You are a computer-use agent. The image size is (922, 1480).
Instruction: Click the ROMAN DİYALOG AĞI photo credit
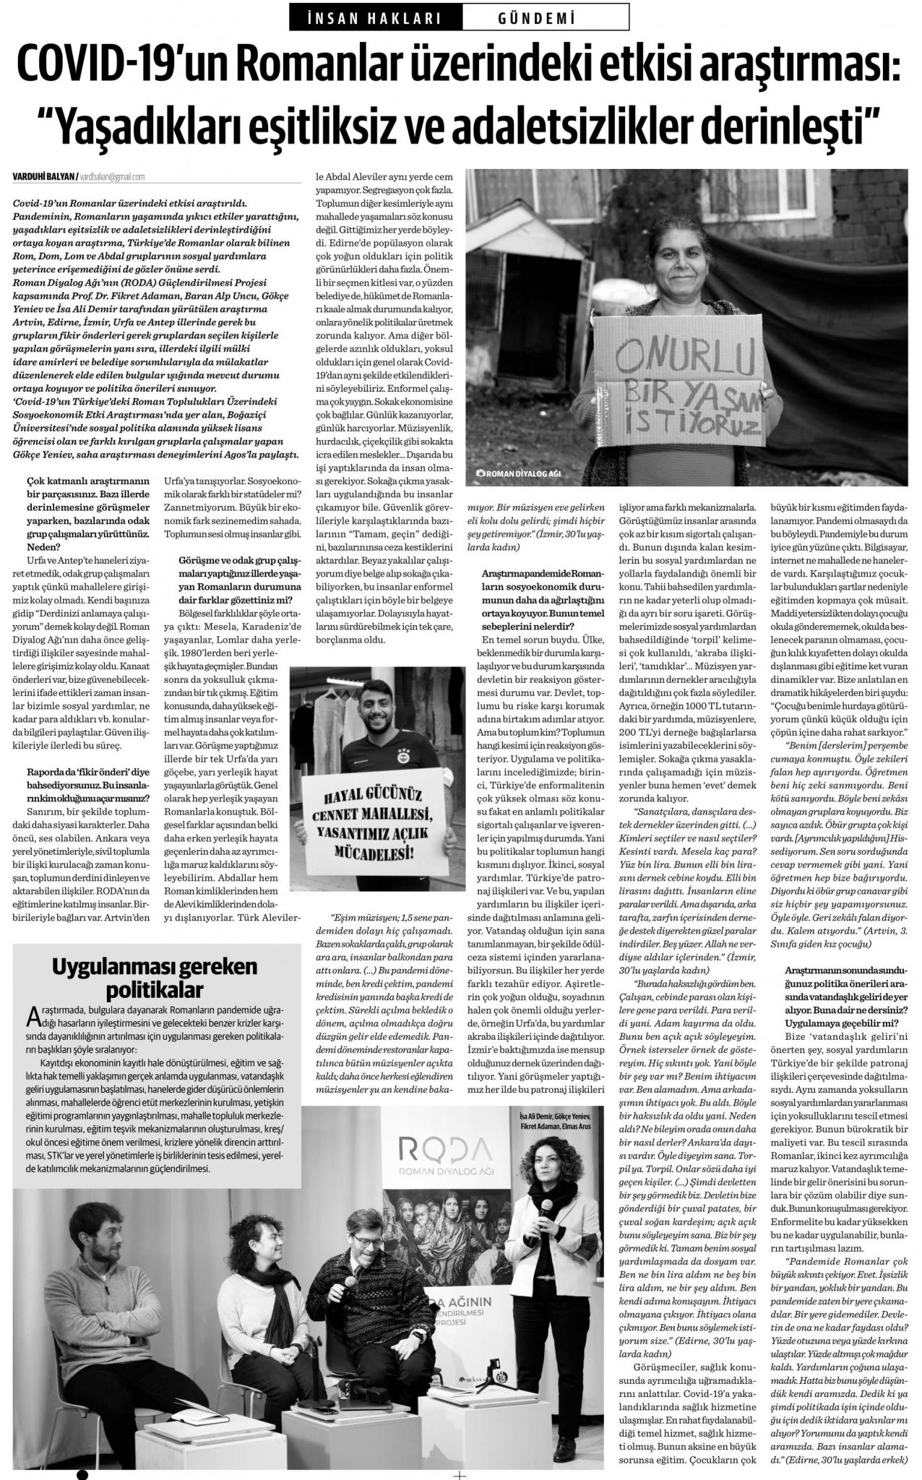[522, 474]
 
